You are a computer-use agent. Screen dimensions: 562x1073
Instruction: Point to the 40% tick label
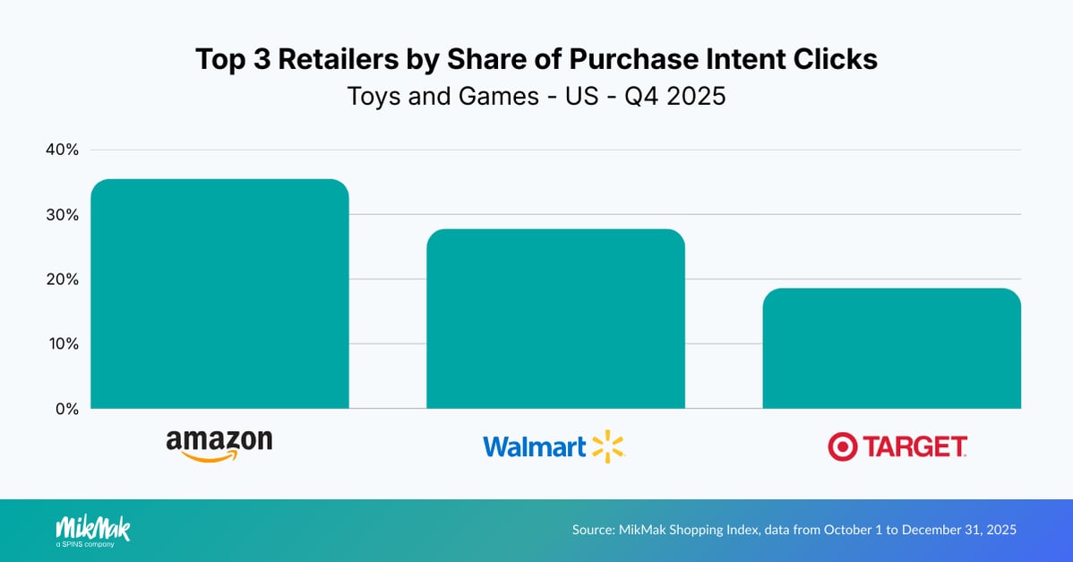tap(62, 150)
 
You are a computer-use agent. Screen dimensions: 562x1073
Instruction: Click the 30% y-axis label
tap(62, 215)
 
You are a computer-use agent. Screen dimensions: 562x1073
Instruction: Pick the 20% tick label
tap(62, 280)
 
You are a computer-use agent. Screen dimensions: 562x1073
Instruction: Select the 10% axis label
tap(62, 344)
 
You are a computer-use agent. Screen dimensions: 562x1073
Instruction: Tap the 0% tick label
tap(66, 409)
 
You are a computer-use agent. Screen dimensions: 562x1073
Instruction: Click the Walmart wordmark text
tap(535, 446)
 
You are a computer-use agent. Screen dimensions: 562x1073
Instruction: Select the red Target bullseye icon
tap(843, 445)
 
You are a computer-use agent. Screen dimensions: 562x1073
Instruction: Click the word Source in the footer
tap(594, 531)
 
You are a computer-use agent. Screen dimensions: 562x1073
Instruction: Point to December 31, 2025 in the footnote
tap(959, 531)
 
